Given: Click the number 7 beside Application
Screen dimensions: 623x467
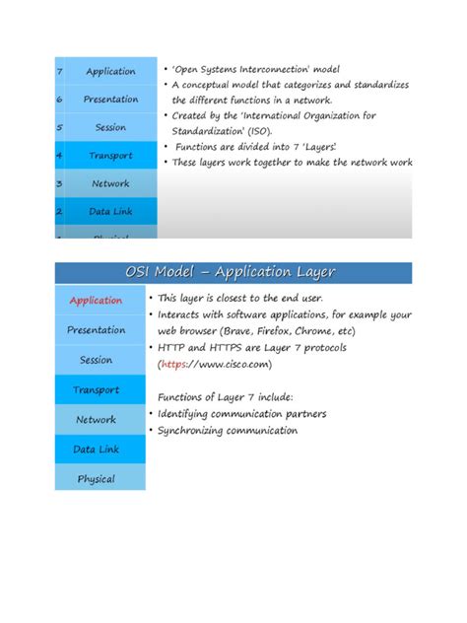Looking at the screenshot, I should pos(60,71).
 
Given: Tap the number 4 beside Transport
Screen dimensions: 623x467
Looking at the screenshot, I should pos(60,156).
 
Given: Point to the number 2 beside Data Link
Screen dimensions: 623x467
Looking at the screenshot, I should pos(60,211).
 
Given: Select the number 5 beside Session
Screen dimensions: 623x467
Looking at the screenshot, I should pos(60,127).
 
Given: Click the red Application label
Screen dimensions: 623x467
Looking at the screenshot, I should pos(96,300).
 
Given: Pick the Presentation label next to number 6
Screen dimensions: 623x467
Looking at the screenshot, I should pos(110,99).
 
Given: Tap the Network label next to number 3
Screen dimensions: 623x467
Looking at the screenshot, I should pos(110,183).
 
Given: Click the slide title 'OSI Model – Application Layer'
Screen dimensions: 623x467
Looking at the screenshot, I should pos(232,272).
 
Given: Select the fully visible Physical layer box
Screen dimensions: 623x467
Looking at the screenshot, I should pos(97,479).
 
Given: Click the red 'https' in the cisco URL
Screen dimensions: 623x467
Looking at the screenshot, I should pos(176,364).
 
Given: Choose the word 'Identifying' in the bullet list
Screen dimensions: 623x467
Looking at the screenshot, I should pos(187,414).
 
